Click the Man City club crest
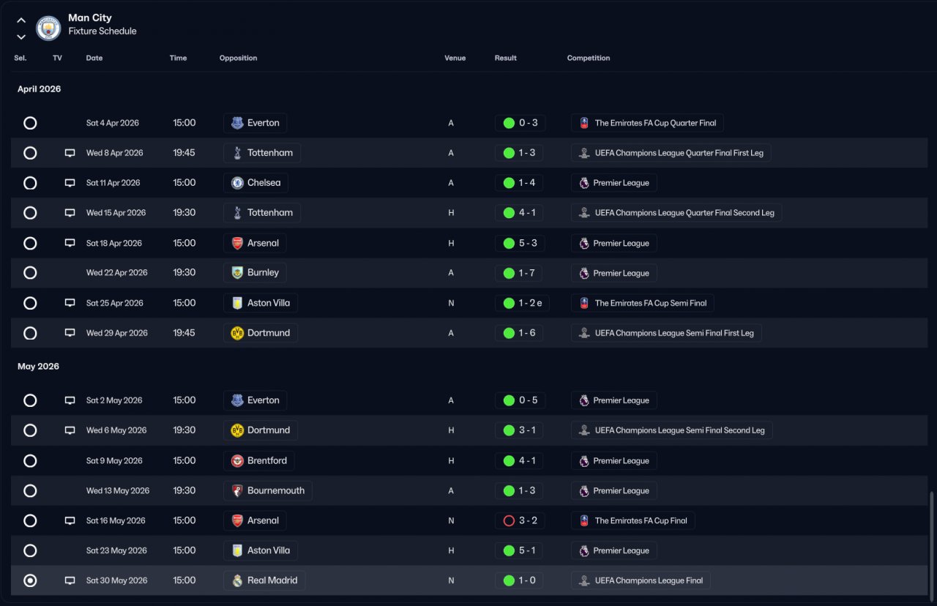[48, 28]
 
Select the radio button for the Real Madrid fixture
[30, 580]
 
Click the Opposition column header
[238, 58]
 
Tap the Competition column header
[588, 58]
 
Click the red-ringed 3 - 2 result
[520, 521]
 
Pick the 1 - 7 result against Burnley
[520, 273]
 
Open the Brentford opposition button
[259, 461]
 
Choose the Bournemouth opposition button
[268, 491]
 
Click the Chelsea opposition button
[255, 183]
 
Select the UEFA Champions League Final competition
[641, 580]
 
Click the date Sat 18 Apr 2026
[114, 243]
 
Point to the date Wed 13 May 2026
[118, 491]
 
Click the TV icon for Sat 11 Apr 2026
[70, 183]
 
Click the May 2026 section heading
[38, 366]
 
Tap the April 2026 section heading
[40, 89]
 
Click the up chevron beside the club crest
[21, 20]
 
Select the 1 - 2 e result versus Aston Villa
[523, 303]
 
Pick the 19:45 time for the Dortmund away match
[184, 333]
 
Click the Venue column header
[455, 58]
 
